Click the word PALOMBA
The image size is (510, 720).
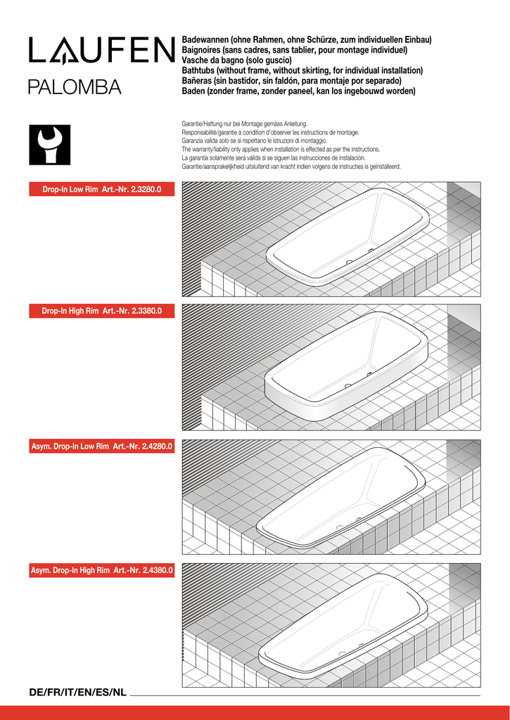point(75,88)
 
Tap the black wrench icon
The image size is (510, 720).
point(49,145)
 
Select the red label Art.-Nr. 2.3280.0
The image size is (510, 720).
point(101,190)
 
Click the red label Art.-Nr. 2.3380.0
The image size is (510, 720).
point(101,311)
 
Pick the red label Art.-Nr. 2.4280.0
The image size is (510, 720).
point(101,446)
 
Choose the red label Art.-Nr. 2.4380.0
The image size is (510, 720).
point(101,570)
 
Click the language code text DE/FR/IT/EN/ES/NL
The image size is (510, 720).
point(77,693)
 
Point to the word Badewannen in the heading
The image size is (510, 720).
point(205,40)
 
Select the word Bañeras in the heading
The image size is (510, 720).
point(199,81)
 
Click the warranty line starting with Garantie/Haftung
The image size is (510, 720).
point(244,124)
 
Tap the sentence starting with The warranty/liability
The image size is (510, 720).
point(281,149)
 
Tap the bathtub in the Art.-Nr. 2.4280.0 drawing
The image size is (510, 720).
point(341,496)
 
